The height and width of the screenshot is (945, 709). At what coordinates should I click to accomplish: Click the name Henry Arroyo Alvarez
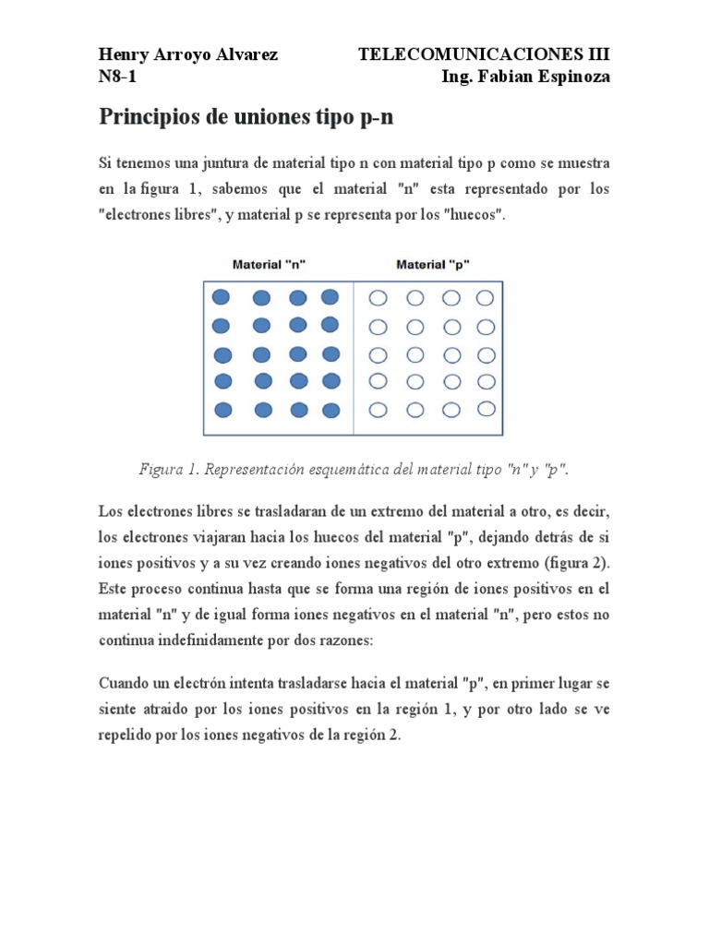point(187,54)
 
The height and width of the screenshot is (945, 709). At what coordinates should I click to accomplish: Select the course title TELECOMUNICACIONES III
point(484,54)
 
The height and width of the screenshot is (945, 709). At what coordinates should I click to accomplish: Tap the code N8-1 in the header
point(117,78)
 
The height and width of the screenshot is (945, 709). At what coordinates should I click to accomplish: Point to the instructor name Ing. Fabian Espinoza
point(526,78)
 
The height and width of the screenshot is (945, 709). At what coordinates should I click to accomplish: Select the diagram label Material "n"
point(269,264)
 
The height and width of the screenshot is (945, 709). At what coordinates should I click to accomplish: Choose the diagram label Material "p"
point(433,264)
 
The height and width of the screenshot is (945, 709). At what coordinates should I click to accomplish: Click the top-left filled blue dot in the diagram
point(221,297)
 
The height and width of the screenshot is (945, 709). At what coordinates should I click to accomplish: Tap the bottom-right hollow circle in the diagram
point(486,409)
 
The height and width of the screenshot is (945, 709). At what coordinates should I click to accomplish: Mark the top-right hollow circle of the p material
point(486,297)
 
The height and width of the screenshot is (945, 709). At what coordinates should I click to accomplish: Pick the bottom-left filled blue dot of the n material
point(222,410)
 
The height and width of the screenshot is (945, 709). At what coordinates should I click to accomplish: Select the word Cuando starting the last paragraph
point(126,685)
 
